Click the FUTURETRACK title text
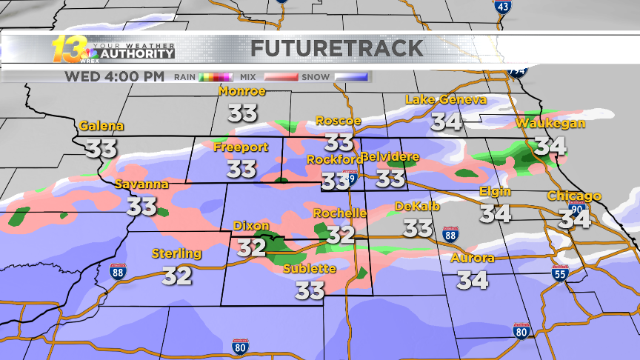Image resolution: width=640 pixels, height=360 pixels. (x=337, y=49)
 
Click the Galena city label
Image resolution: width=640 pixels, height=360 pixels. (x=101, y=126)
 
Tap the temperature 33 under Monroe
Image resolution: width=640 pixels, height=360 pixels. (x=242, y=113)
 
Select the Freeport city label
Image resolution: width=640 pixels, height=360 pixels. (x=241, y=147)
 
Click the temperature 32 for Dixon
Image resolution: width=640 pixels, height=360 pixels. (x=251, y=247)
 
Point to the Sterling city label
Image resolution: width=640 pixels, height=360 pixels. (x=177, y=253)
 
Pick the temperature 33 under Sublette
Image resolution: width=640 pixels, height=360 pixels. (x=310, y=290)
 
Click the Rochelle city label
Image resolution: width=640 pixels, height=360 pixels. (x=340, y=213)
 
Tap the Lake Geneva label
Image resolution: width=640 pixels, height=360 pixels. (x=446, y=100)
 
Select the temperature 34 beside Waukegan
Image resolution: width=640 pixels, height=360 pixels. (x=551, y=145)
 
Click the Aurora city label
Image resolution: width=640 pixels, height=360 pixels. (x=473, y=259)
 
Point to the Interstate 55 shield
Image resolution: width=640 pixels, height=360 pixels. (x=561, y=274)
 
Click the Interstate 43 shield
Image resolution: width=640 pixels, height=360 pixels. (x=502, y=6)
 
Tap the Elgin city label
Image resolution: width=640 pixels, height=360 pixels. (x=495, y=191)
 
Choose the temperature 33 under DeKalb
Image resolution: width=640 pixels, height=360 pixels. (x=419, y=227)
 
